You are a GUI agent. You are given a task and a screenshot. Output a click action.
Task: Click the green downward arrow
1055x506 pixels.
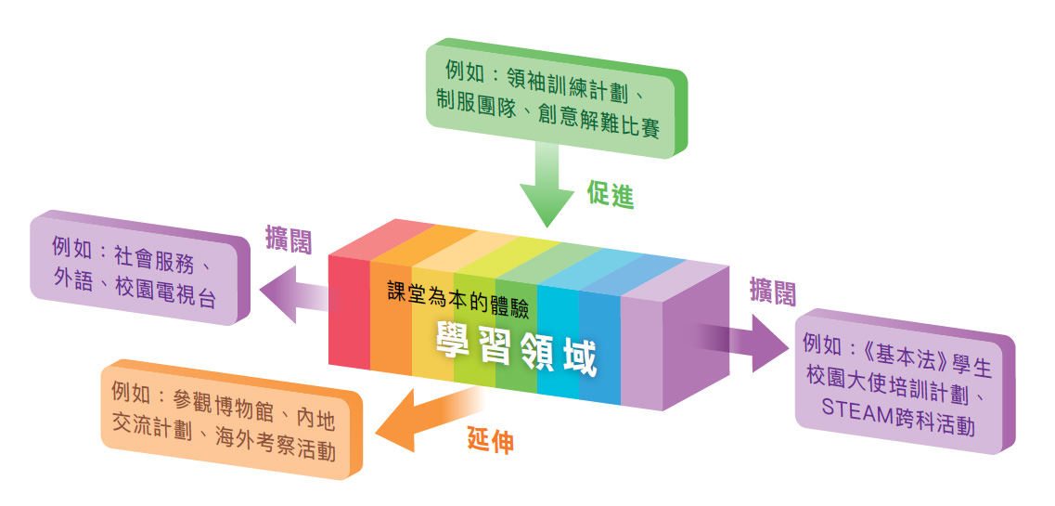[x=547, y=185]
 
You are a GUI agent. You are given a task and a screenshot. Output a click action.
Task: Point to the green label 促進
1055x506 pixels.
[x=611, y=194]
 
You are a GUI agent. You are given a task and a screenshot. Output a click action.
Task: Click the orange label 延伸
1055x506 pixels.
[x=491, y=441]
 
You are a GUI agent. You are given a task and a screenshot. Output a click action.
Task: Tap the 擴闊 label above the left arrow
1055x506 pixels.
[x=289, y=239]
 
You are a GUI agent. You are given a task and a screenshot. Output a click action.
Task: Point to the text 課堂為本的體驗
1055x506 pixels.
[x=459, y=301]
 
